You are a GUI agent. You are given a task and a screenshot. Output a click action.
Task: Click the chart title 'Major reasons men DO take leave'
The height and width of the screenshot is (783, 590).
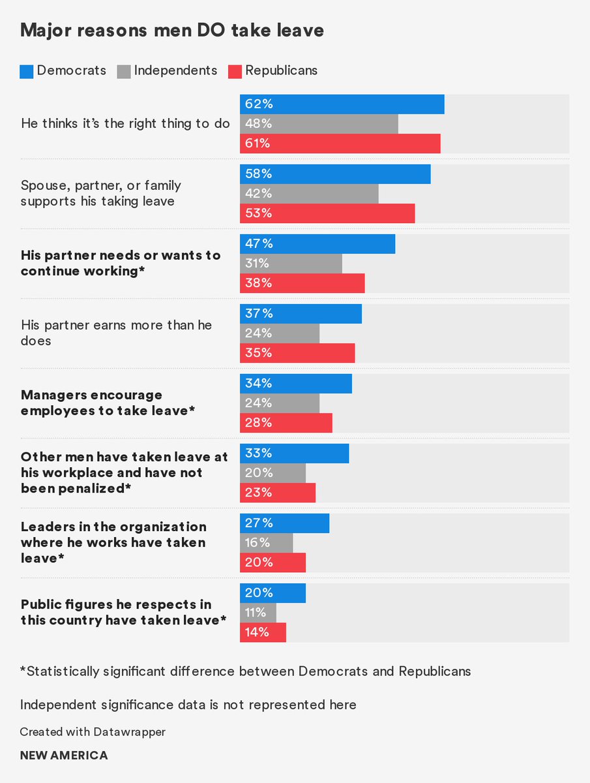[x=172, y=30]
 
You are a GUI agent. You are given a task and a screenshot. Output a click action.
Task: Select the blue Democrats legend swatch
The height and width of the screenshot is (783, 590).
[x=26, y=71]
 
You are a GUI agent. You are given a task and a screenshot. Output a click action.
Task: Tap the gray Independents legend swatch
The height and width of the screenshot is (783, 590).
[x=123, y=71]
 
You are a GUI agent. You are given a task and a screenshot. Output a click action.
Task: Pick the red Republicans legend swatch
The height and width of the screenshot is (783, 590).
[x=234, y=71]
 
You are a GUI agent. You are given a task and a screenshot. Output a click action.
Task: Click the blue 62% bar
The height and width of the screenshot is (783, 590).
[x=342, y=104]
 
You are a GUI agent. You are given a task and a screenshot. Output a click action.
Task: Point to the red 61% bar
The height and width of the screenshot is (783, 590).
[x=340, y=144]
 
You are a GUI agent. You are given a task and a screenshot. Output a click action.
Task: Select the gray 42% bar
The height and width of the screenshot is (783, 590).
[x=309, y=194]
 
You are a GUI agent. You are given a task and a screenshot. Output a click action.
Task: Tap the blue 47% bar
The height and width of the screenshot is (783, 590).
[x=317, y=244]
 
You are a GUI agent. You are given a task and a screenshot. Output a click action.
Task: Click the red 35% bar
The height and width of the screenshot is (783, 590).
[x=297, y=353]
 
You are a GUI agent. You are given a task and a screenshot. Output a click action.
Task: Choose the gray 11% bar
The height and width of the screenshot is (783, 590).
[x=258, y=613]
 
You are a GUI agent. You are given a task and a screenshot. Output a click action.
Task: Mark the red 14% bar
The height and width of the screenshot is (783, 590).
[x=263, y=632]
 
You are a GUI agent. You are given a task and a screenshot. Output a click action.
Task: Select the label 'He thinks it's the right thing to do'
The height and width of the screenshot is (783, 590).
[x=125, y=124]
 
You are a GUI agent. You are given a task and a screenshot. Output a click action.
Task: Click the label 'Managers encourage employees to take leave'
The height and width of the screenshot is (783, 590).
[x=108, y=403]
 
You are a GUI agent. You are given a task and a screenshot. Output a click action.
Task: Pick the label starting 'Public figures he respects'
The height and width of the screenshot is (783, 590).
[x=124, y=613]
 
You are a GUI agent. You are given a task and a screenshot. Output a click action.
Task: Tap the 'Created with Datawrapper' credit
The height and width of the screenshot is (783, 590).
[x=93, y=732]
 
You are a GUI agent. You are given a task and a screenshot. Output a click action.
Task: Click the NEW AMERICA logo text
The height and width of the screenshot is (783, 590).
[x=64, y=756]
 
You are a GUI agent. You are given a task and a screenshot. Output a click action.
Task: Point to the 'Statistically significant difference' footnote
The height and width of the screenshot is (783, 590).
[x=245, y=671]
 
